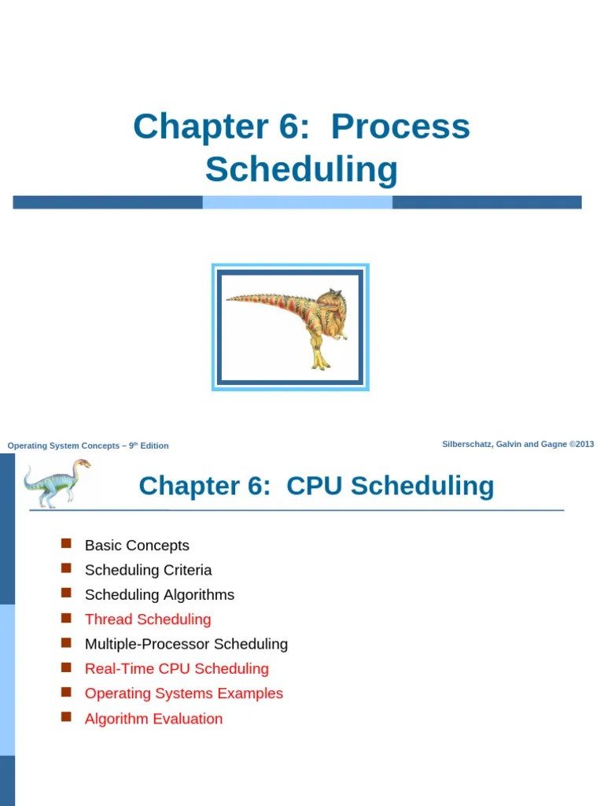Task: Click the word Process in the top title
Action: (400, 127)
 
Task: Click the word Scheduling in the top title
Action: (301, 169)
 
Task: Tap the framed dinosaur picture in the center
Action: (290, 327)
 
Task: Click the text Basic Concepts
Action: (137, 545)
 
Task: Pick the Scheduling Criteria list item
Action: (148, 570)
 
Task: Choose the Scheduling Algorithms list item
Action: (159, 594)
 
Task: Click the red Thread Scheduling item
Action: (148, 619)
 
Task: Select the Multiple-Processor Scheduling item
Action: (186, 644)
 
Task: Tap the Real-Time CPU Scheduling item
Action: (176, 669)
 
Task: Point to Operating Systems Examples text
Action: (183, 693)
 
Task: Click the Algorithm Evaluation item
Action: (153, 719)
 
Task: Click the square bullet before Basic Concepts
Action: (66, 544)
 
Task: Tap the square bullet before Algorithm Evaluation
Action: (66, 717)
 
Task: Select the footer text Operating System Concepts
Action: (63, 446)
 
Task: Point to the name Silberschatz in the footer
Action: (467, 444)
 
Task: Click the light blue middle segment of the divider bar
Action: (297, 202)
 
